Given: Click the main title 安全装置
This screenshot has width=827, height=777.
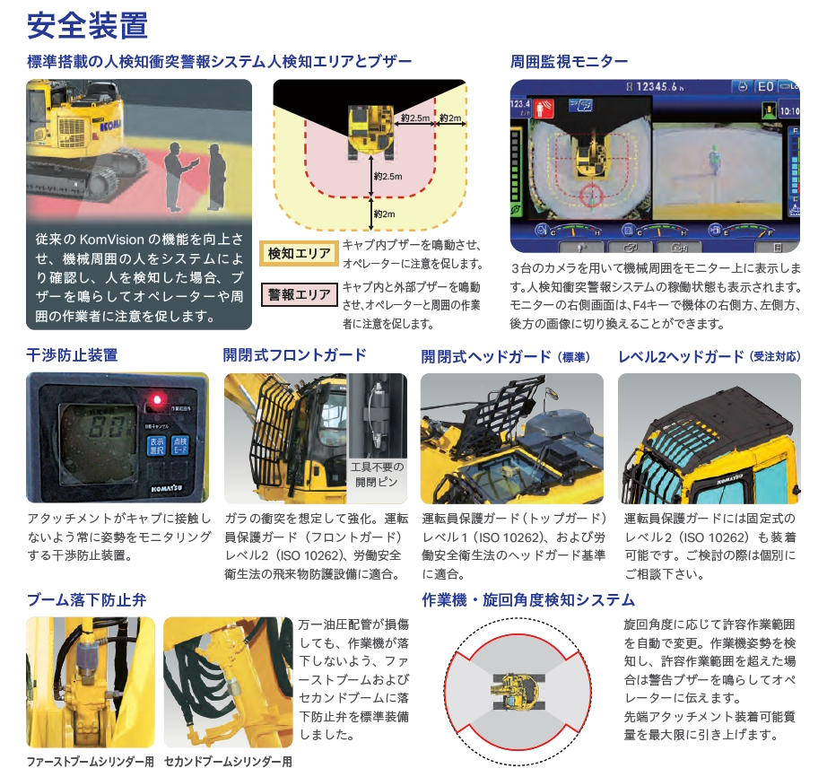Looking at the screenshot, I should click(87, 25).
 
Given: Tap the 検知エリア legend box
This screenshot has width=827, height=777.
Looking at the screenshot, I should click(299, 254).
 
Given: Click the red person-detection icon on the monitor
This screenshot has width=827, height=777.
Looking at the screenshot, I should click(544, 109).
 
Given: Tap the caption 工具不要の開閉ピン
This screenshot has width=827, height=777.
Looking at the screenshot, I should click(377, 474).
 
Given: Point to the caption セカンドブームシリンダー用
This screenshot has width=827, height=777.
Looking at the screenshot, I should click(228, 763).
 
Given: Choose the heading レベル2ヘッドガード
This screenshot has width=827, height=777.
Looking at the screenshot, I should click(682, 356).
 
